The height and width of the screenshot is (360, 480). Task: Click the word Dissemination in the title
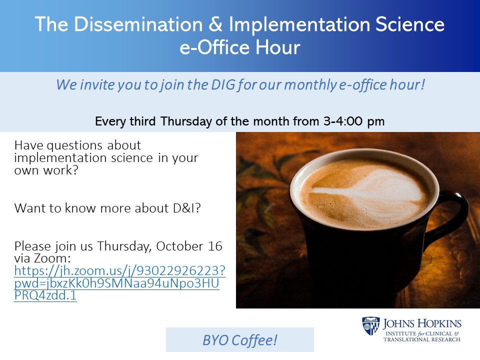(x=138, y=24)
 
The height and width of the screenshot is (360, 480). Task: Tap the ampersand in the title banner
(x=216, y=24)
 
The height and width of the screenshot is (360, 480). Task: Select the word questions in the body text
(x=74, y=145)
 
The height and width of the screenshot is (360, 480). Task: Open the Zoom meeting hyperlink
(x=119, y=283)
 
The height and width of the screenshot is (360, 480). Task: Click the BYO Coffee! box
(x=240, y=340)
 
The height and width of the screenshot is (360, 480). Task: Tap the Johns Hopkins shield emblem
(x=370, y=326)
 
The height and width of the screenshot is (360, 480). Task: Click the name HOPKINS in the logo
(x=439, y=324)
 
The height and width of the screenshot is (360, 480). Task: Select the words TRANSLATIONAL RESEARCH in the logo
(x=422, y=339)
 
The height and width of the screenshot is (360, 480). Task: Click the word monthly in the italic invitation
(x=310, y=85)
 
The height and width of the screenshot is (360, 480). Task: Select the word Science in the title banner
(x=410, y=24)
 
